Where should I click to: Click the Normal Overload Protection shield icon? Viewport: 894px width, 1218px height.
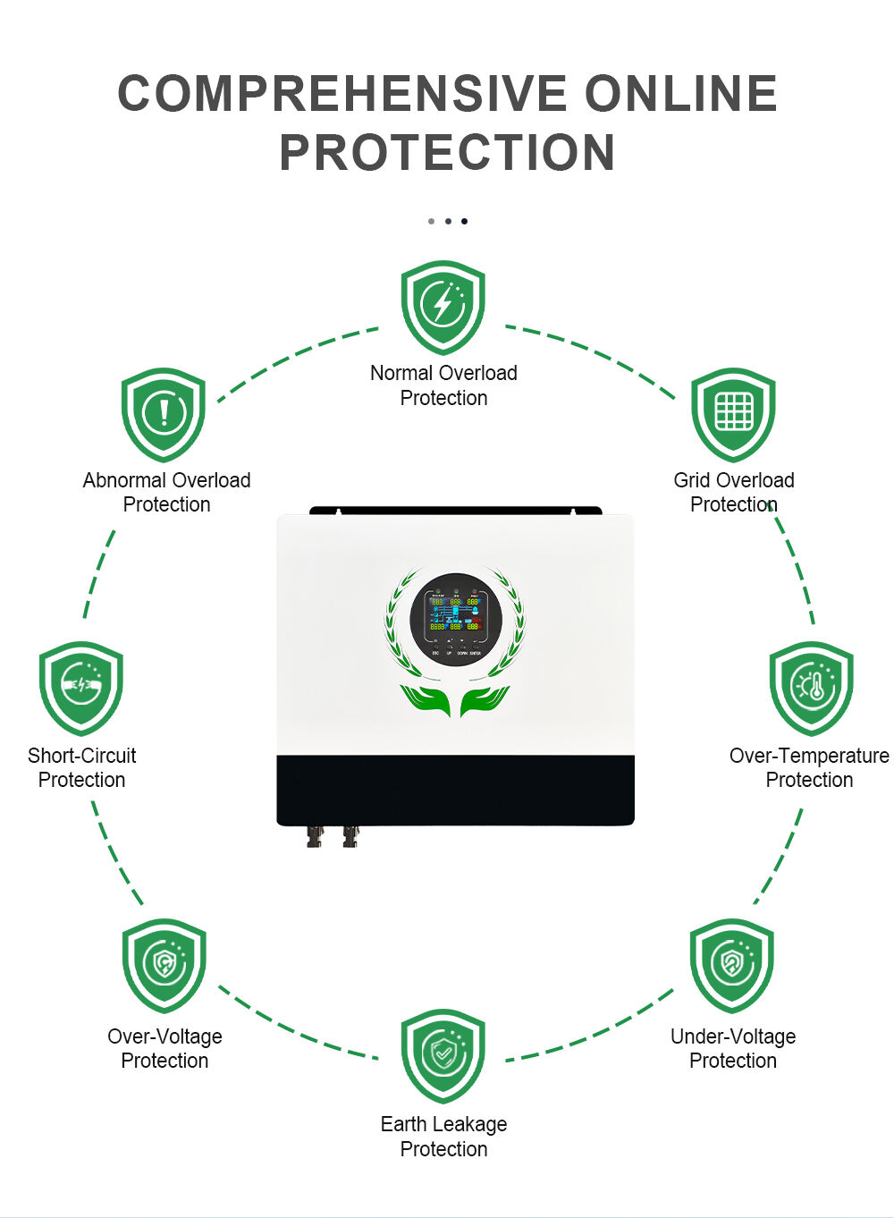pos(443,307)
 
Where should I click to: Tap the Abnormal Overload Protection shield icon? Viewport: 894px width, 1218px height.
pos(164,414)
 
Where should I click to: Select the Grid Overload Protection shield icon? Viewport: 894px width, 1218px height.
pos(733,414)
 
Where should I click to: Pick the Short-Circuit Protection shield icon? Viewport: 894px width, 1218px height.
pos(81,688)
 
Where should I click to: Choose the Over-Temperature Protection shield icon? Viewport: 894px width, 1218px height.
pos(812,688)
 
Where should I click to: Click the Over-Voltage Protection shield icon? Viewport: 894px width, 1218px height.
pos(164,965)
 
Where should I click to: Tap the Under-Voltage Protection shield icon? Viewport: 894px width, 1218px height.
pos(732,965)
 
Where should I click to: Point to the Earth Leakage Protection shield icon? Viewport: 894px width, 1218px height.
pos(443,1055)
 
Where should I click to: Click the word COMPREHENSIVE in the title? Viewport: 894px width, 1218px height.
pos(342,94)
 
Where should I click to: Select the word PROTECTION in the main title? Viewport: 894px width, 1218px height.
pos(447,152)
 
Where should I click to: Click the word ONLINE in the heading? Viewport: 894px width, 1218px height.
pos(681,94)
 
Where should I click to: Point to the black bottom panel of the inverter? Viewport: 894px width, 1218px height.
pos(455,790)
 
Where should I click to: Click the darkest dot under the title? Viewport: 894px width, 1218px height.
pos(464,221)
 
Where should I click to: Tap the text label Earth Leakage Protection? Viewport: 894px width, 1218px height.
pos(443,1137)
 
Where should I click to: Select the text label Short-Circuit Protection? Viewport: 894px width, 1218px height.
pos(82,767)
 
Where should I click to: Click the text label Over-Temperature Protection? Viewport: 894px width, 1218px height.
pos(809,767)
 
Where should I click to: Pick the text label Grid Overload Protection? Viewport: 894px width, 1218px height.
pos(734,492)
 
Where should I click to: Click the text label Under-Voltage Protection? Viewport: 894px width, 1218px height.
pos(733,1048)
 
